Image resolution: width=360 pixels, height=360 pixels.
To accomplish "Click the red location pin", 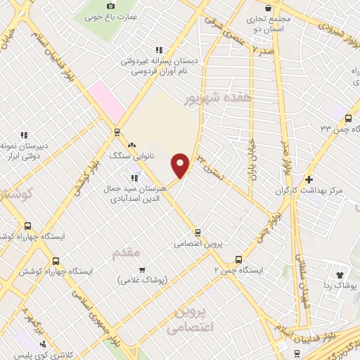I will coord(181,166).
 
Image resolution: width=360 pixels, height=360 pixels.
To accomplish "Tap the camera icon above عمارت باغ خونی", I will coord(110,6).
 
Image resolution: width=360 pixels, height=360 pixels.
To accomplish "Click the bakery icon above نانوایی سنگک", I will coord(131,144).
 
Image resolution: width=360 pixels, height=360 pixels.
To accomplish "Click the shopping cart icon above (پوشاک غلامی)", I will coord(142,269).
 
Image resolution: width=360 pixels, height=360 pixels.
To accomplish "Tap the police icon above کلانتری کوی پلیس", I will coord(43,345).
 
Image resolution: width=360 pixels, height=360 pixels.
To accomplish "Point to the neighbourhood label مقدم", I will coord(127,252).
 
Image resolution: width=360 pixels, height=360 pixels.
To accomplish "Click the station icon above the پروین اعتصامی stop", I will coord(198,232).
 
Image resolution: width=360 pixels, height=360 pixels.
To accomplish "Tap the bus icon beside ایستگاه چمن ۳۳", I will coord(349,117).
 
